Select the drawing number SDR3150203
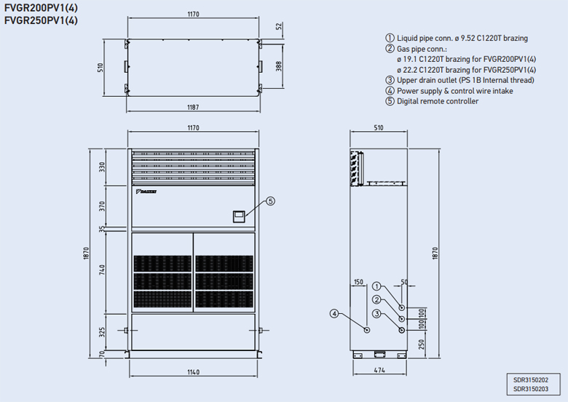coord(531,389)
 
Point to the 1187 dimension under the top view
coord(192,107)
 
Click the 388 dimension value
coord(280,66)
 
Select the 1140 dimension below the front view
coord(192,373)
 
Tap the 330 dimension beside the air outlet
coord(103,167)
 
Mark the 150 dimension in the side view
coord(358,282)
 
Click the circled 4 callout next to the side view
coord(334,314)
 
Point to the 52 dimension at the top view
coord(280,27)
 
